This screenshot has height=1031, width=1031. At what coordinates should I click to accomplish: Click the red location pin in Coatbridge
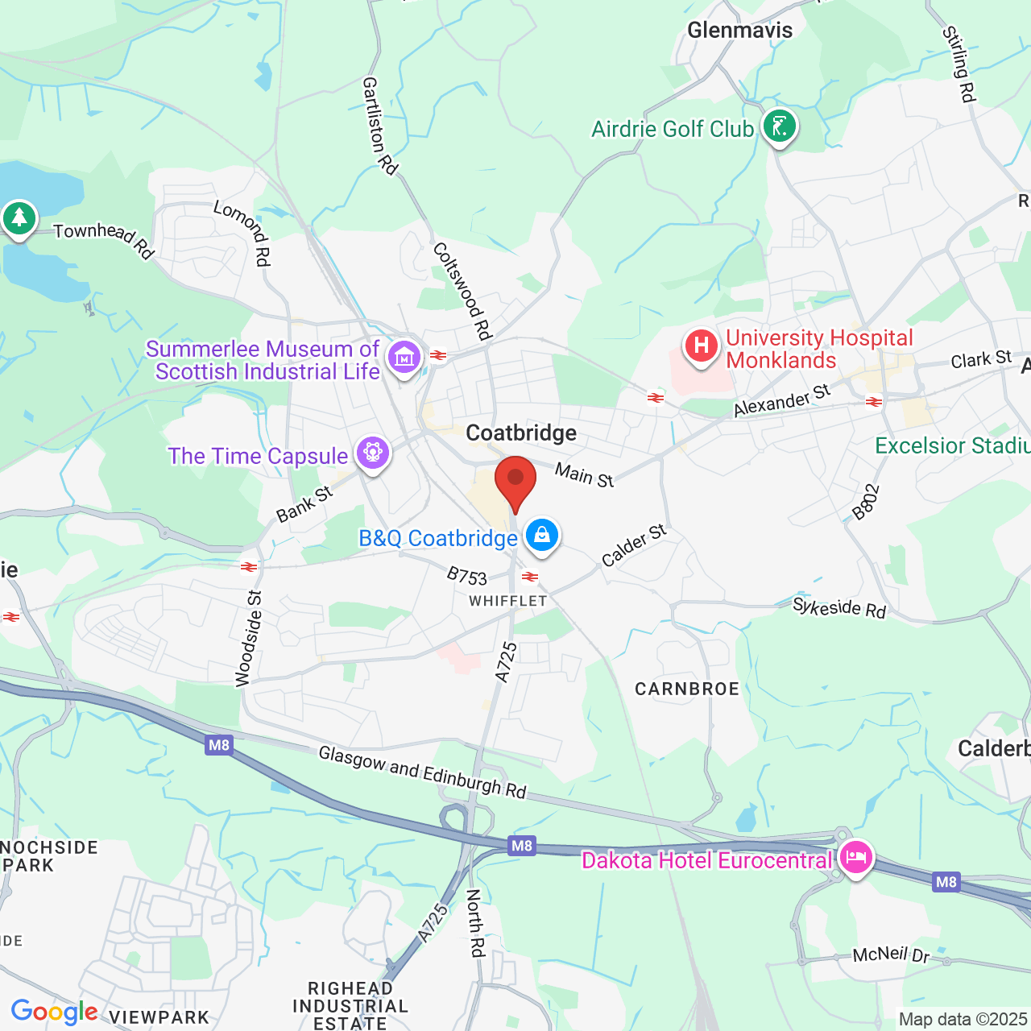(x=515, y=481)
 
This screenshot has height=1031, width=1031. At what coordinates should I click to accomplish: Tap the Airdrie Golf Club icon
(x=779, y=126)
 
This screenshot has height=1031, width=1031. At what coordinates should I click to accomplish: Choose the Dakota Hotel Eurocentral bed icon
(x=855, y=857)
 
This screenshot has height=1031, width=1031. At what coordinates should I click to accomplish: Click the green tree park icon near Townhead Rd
(x=19, y=218)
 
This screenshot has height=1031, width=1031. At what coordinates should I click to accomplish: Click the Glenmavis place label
(x=739, y=31)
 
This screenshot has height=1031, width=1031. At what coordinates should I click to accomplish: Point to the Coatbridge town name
(x=521, y=433)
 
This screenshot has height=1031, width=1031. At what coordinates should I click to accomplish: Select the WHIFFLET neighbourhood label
(x=508, y=601)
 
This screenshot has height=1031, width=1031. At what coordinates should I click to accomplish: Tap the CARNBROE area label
(x=687, y=689)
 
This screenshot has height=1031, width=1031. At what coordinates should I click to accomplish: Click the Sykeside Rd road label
(x=839, y=608)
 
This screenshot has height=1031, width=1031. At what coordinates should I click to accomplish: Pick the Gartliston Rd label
(x=379, y=126)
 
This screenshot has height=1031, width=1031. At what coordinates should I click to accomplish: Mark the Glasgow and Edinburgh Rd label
(x=422, y=772)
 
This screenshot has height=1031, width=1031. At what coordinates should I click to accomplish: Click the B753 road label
(x=467, y=576)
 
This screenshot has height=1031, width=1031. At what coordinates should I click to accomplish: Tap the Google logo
(x=54, y=1012)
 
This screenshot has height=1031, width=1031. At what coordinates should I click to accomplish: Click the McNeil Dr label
(x=891, y=954)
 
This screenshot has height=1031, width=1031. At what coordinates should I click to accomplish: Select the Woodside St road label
(x=250, y=639)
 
